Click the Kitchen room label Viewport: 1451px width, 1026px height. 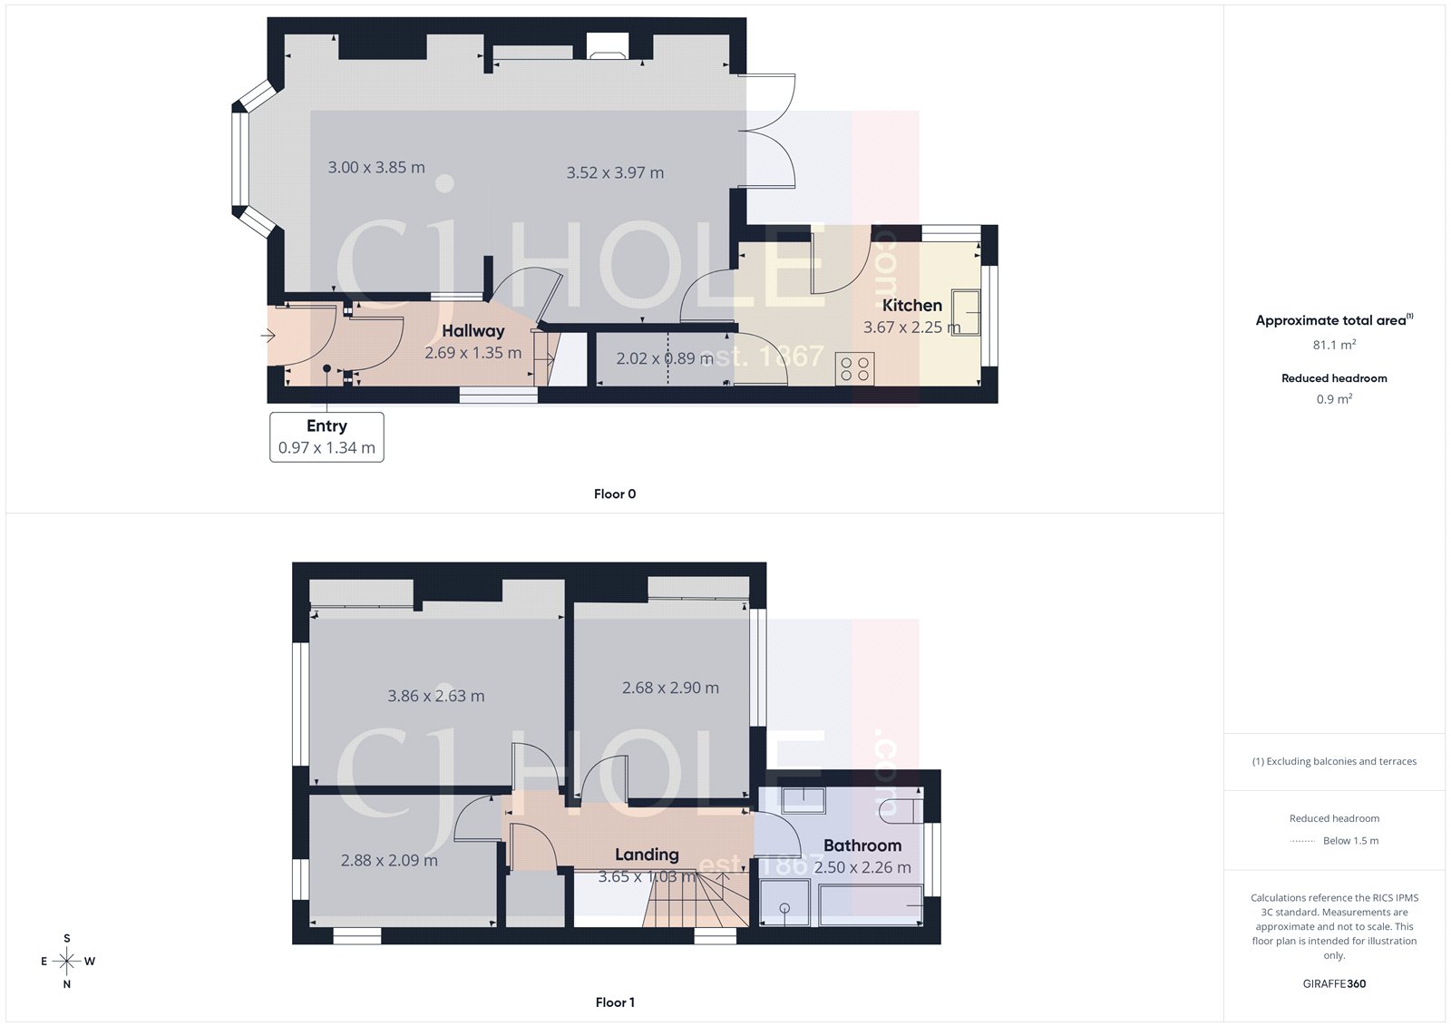click(911, 306)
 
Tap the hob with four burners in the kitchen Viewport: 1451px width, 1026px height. click(855, 368)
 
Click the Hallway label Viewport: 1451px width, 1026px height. click(472, 331)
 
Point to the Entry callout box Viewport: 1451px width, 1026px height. click(326, 436)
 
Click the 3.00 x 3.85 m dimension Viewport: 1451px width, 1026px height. click(376, 168)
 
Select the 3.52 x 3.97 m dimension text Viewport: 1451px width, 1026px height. click(615, 172)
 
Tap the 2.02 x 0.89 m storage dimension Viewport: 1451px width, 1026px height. click(665, 358)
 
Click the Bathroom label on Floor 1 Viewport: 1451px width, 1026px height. click(862, 845)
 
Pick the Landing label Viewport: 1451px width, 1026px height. click(647, 855)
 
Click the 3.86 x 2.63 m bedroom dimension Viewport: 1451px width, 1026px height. click(436, 696)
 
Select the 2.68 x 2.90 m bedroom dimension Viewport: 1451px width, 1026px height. click(670, 688)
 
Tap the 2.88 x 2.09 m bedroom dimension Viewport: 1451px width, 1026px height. click(389, 860)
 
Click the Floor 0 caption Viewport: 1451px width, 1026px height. click(615, 494)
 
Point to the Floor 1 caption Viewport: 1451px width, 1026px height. click(615, 1002)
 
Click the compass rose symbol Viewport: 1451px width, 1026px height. click(67, 961)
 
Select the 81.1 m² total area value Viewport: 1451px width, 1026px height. click(1334, 345)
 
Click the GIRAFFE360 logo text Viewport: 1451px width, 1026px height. click(1334, 983)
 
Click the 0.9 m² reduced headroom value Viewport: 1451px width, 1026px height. click(1334, 399)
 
